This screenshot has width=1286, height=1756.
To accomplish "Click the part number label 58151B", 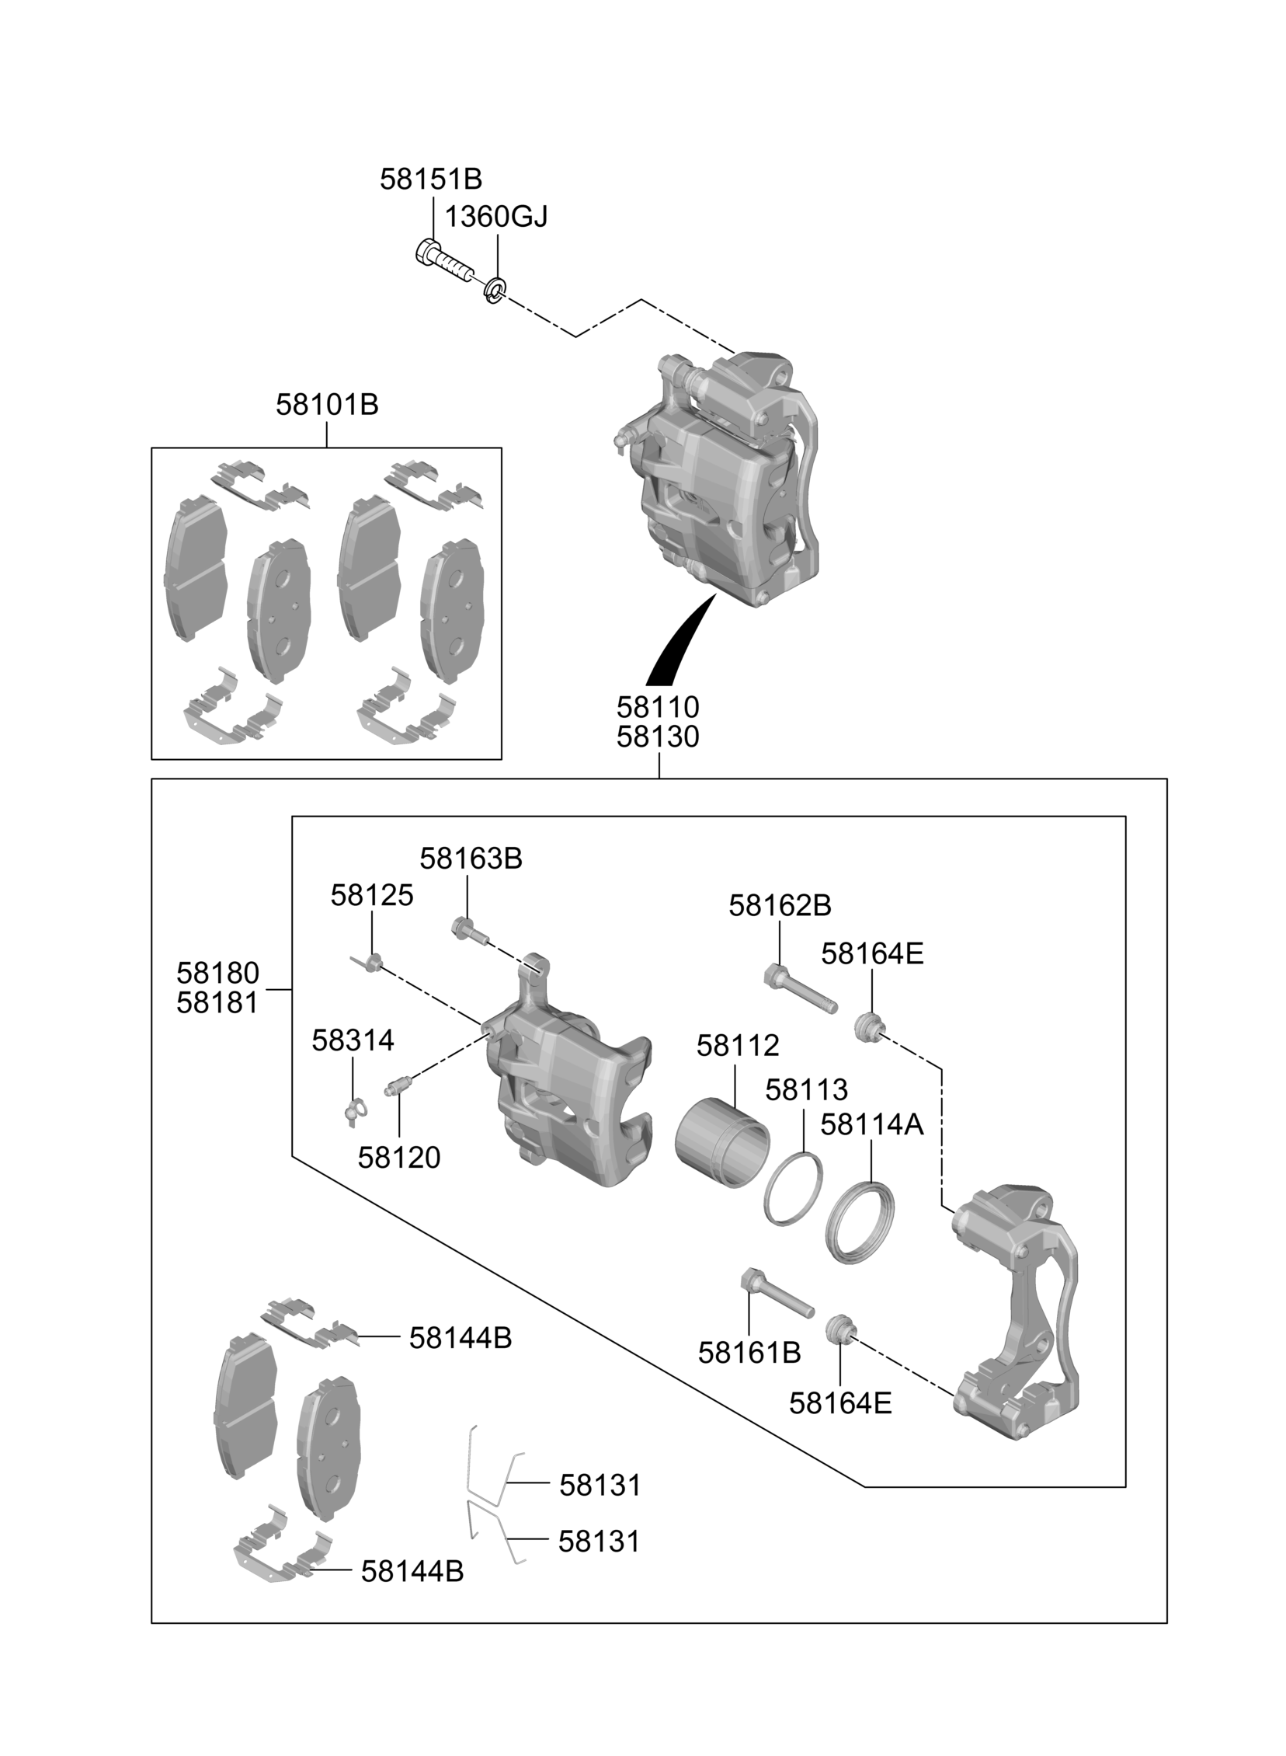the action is click(430, 180).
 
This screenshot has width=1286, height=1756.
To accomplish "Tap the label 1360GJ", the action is click(496, 217).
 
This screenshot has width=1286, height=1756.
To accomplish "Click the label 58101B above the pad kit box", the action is click(327, 405).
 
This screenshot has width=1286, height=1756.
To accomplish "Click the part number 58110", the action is click(658, 707).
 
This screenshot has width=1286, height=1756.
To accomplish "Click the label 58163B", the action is click(470, 858).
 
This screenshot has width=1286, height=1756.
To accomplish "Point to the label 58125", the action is click(371, 896).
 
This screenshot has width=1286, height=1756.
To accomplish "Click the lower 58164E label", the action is click(840, 1403).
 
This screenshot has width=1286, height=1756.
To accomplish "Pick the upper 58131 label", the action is click(600, 1486).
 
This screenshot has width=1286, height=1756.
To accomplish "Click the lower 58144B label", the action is click(412, 1571).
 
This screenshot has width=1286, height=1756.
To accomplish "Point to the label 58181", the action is click(217, 1003).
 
